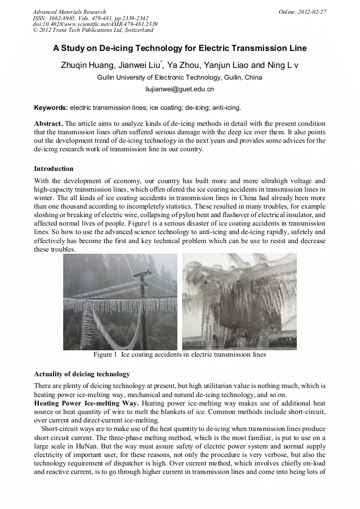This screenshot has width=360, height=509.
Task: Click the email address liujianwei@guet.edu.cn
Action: coord(179,90)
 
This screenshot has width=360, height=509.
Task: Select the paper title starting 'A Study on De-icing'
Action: coord(179,48)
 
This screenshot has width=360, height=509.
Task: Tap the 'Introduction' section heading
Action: coord(54,169)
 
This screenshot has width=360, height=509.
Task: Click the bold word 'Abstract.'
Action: coord(48,123)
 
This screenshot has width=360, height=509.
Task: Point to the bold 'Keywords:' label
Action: coord(51,107)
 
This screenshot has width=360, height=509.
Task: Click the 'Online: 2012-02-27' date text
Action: coord(302,12)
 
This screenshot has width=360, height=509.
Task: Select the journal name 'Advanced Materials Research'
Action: coord(69,12)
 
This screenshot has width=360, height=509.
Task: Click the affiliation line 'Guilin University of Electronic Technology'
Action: coord(179,77)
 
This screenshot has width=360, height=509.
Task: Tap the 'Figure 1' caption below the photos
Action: coord(179,355)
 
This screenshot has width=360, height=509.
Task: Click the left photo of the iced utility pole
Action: coord(120,301)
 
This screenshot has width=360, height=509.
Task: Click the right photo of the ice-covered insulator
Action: coord(239,301)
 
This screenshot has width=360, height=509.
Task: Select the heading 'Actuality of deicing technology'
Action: coord(82,374)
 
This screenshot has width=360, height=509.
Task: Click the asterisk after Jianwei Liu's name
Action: coord(161,63)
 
